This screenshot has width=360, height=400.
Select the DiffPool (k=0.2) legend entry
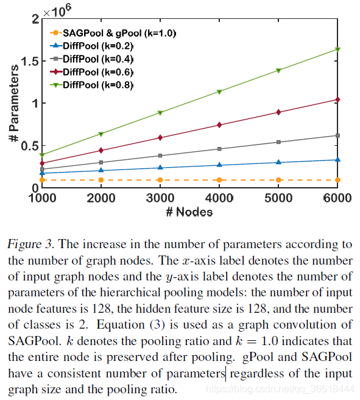coord(98,46)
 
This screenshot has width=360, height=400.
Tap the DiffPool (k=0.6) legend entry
coord(98,71)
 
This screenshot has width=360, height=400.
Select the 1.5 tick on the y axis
coord(27,61)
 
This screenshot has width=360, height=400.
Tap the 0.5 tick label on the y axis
coord(27,146)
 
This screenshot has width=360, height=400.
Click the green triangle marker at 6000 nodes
coord(338,49)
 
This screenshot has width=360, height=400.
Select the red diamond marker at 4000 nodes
coord(219,125)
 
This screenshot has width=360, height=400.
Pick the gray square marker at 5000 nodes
coord(278,142)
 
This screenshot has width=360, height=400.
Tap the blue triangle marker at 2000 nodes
coord(101,170)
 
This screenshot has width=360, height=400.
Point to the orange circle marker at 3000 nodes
coord(160,180)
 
